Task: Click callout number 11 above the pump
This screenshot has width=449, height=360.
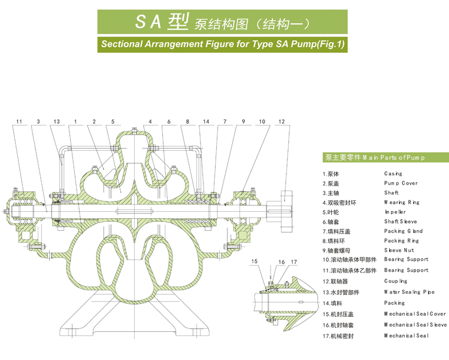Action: [19, 121]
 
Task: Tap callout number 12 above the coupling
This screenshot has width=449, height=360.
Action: [281, 121]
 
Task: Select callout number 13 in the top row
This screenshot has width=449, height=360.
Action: [56, 121]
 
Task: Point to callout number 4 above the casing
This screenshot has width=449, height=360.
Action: [150, 121]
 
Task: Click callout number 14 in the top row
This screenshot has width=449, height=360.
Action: [205, 121]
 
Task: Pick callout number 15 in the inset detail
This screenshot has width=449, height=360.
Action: [254, 262]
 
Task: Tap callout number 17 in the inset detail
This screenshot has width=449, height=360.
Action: [294, 262]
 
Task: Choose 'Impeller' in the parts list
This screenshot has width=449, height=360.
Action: [395, 212]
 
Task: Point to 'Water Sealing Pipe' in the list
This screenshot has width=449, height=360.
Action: [409, 292]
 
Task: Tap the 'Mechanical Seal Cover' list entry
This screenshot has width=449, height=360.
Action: [415, 313]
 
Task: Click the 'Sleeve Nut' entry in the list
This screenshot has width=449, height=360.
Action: [399, 250]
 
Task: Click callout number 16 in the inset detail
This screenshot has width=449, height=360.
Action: [281, 262]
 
